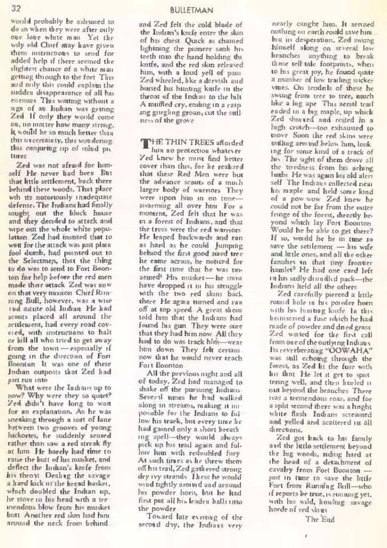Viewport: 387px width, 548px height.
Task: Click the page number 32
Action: point(15,8)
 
